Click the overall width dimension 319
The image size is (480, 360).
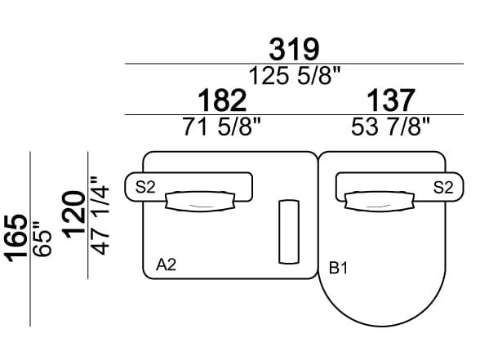pos(294,49)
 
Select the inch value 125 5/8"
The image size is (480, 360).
pos(295,76)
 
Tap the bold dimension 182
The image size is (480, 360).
pos(222,100)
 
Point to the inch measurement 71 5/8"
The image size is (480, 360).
pos(221,127)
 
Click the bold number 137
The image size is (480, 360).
pos(391,100)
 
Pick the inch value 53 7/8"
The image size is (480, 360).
pos(390,127)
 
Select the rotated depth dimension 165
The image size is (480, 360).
pos(16,238)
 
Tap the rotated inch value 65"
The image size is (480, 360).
pos(42,240)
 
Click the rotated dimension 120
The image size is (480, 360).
pos(73,214)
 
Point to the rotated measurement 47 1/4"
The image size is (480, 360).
pos(100,216)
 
